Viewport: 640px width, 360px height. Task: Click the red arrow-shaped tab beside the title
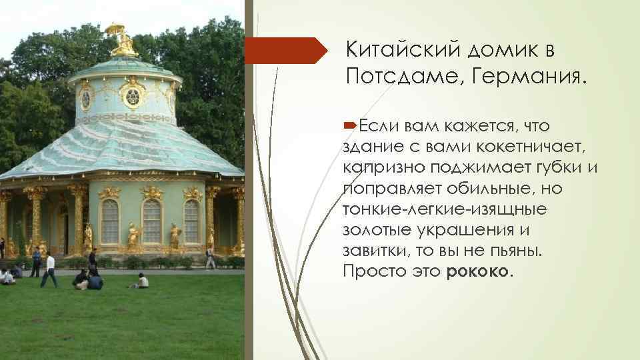(287, 51)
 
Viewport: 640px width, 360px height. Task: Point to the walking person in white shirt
(49, 269)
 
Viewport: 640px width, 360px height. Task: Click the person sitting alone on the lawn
(141, 281)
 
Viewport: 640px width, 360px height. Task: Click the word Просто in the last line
(368, 272)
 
